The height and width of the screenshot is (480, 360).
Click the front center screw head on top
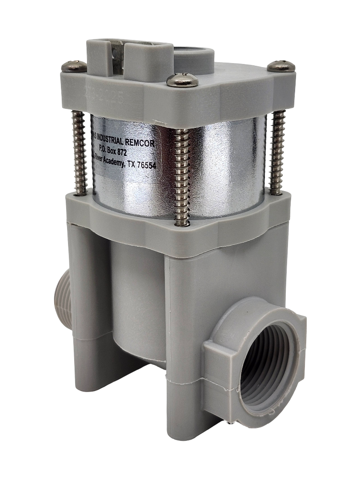[x=182, y=80]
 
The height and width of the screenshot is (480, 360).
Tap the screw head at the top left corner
[x=74, y=67]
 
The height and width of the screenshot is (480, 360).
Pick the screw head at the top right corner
[x=281, y=66]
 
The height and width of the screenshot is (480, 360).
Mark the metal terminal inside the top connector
[x=118, y=56]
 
